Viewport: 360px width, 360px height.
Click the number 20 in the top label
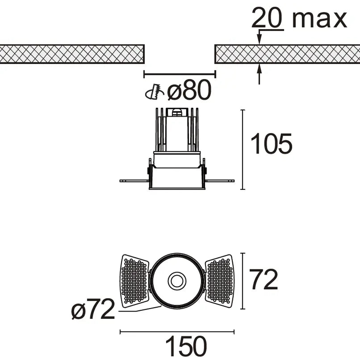(267, 18)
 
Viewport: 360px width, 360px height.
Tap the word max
(320, 20)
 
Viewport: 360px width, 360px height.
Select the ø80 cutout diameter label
(189, 90)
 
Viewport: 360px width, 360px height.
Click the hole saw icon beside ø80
(155, 92)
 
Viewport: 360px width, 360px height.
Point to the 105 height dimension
(271, 144)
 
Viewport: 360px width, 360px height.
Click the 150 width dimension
(186, 346)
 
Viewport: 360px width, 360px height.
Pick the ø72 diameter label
(93, 309)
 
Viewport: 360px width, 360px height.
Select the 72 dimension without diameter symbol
(264, 279)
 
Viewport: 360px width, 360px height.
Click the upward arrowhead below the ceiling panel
(259, 69)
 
